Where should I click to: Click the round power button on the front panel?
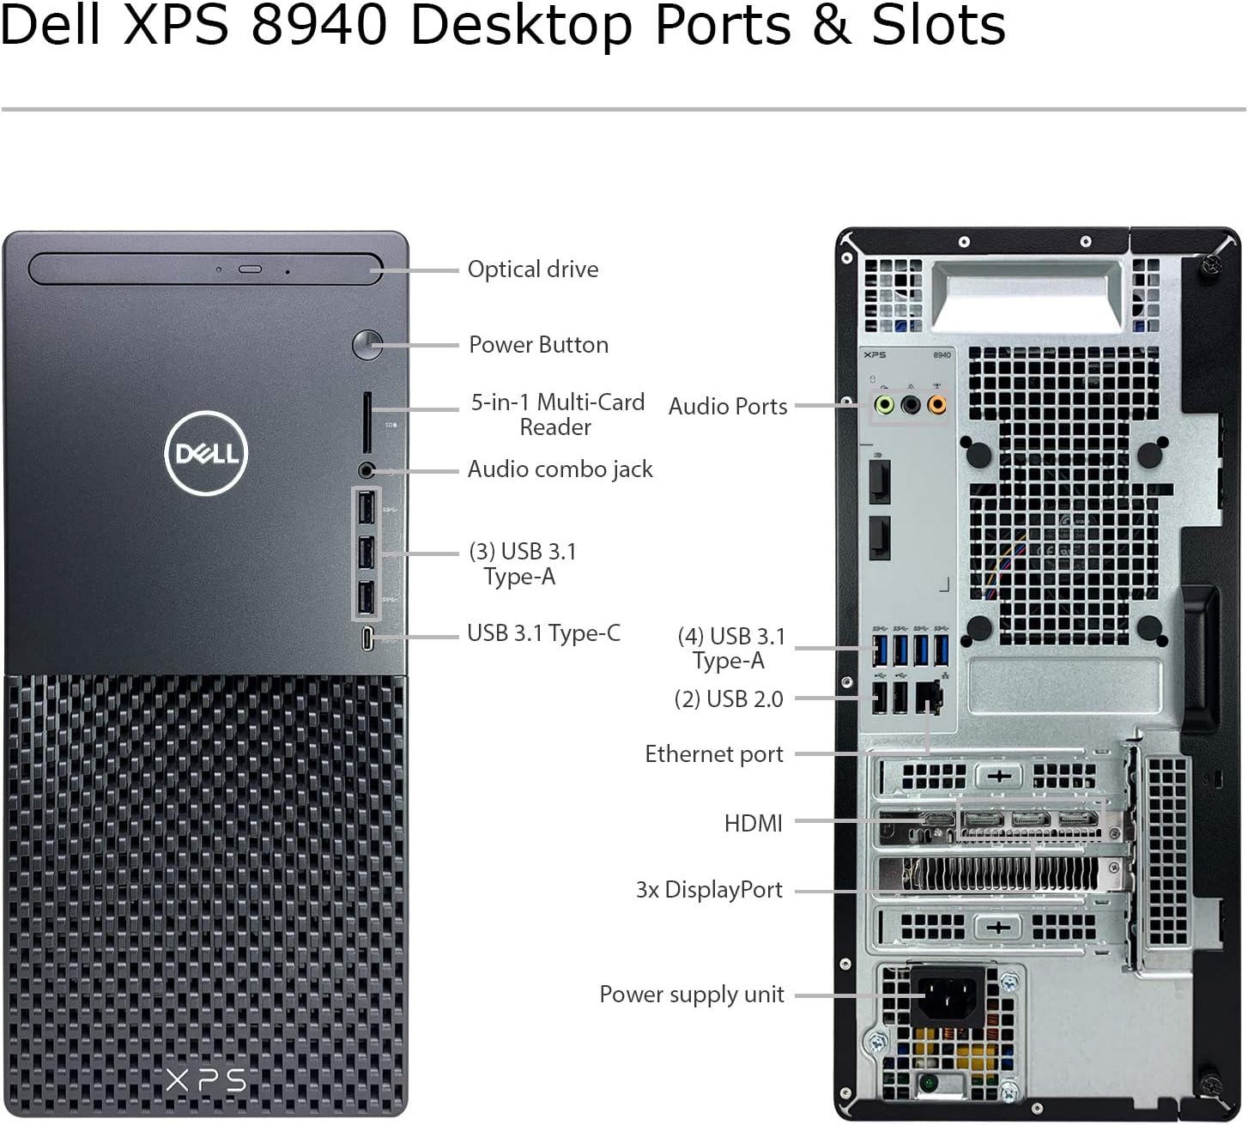367,345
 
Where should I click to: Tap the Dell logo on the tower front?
206,453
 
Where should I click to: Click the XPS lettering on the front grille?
206,1081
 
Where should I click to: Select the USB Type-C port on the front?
367,638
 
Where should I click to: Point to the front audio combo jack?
367,469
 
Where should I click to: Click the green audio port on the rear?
884,405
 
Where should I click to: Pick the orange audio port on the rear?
937,405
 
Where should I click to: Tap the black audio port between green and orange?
911,405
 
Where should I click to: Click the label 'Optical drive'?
533,269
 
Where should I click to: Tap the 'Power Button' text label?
539,345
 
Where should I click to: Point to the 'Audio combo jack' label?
560,469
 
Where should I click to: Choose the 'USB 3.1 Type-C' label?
543,633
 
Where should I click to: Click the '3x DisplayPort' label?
709,891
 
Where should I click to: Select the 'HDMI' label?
754,823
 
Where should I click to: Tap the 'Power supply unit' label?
691,995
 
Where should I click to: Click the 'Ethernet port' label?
713,754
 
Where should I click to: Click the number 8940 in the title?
319,26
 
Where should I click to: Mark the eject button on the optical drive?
250,270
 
